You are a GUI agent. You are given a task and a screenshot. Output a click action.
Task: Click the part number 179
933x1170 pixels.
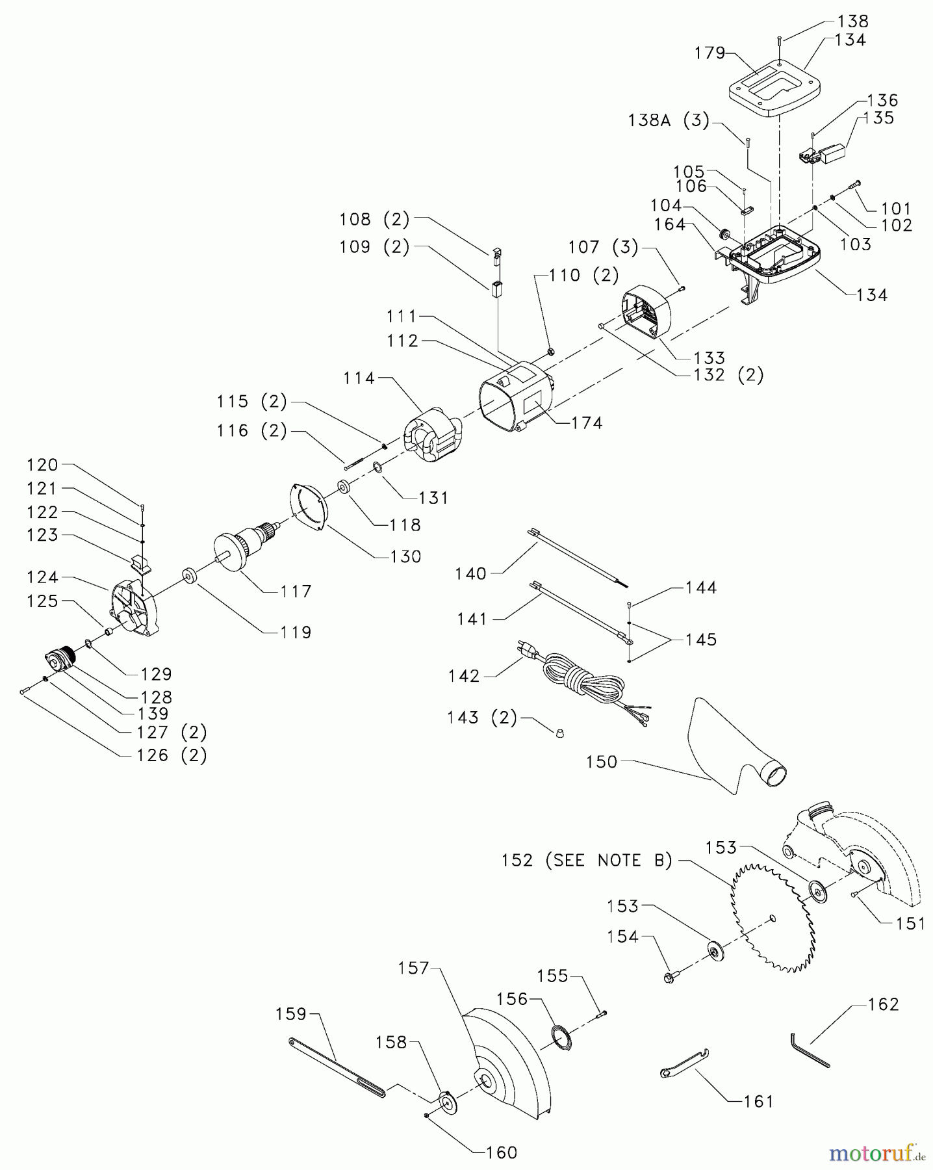[x=709, y=53]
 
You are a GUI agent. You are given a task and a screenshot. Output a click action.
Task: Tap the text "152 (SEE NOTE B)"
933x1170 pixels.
[x=587, y=860]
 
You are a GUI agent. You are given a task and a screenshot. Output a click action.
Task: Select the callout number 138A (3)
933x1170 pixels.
[x=669, y=120]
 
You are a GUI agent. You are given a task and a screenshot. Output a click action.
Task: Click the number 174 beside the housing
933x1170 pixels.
[x=587, y=422]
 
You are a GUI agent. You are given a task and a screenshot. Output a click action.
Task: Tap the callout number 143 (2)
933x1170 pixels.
[x=481, y=718]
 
